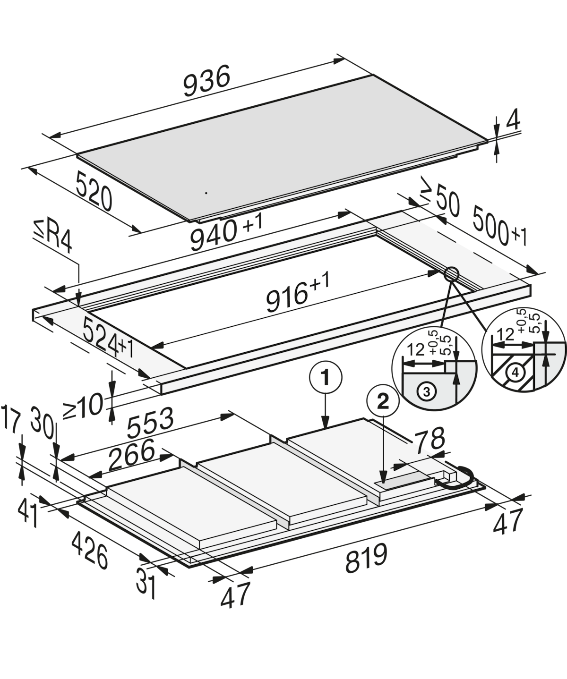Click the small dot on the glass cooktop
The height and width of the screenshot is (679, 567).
206,193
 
